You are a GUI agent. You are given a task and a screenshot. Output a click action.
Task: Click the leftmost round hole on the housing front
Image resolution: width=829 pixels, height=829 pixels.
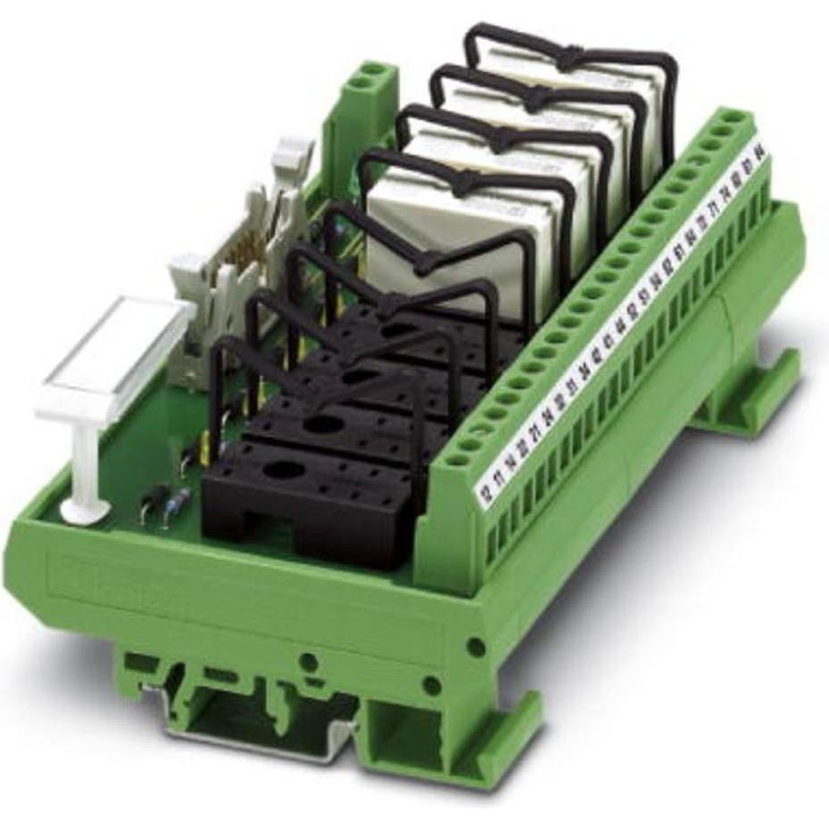click(310, 661)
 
